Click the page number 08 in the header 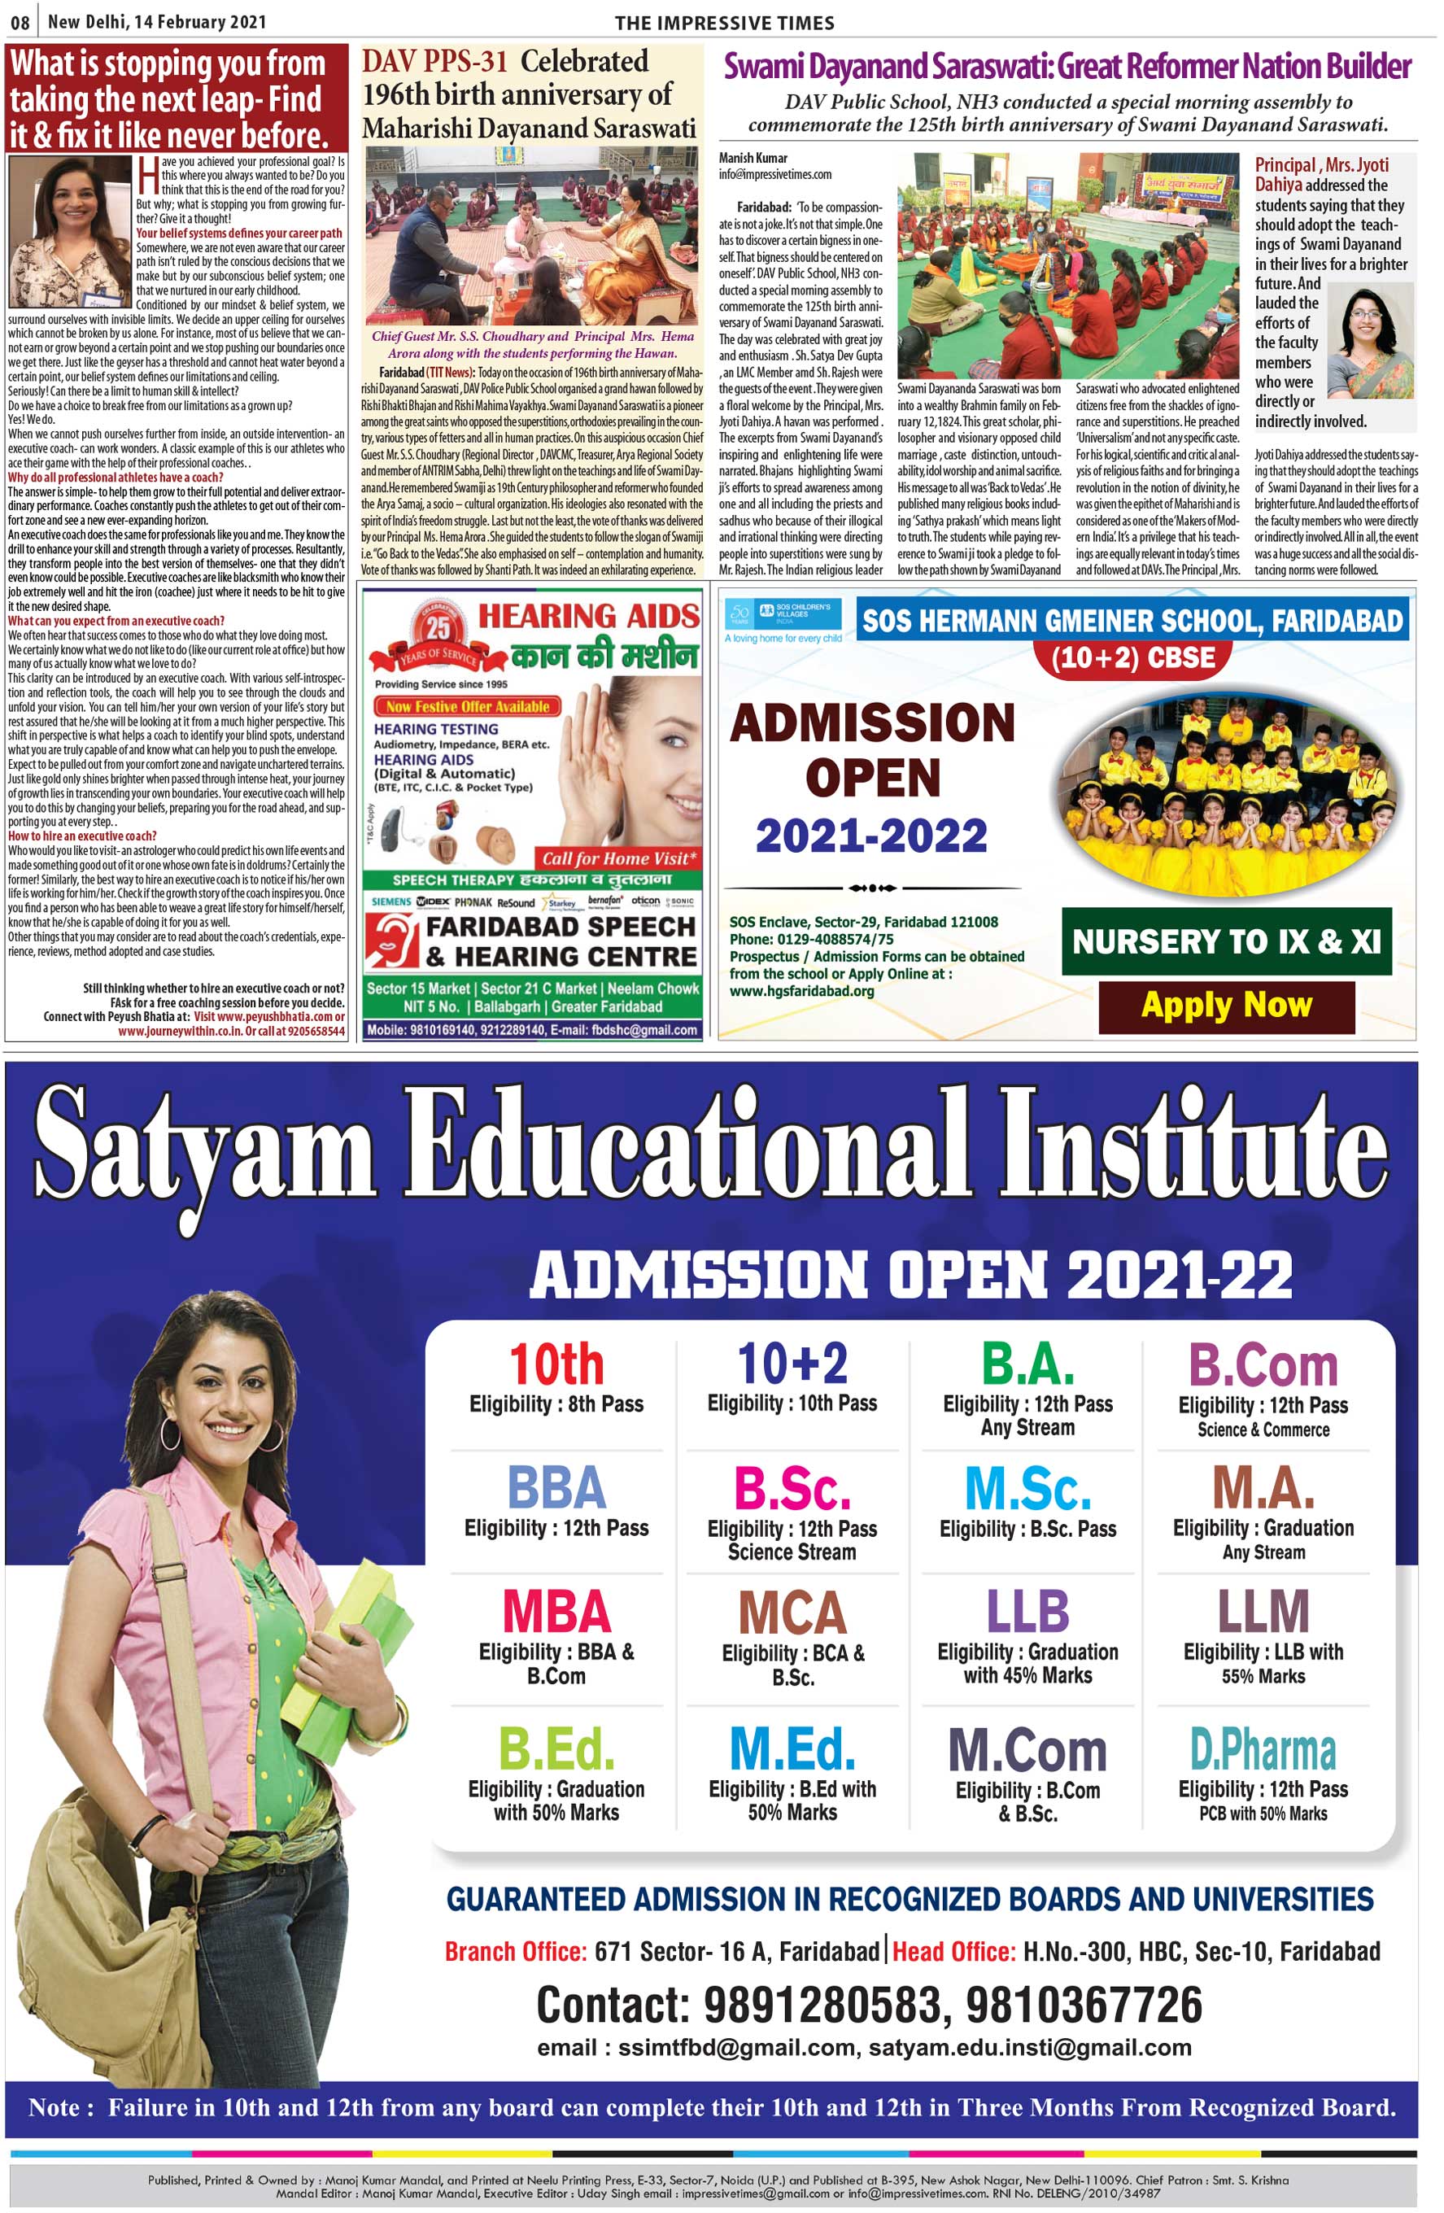coord(20,21)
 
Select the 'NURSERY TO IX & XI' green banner coord(1225,941)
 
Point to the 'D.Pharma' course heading coord(1263,1750)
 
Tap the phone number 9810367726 coord(1084,2004)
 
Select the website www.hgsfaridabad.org coord(801,990)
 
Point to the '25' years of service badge coord(438,630)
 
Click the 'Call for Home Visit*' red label coord(618,858)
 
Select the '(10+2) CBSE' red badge coord(1132,657)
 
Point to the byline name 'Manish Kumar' coord(753,158)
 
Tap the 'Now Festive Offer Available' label coord(468,707)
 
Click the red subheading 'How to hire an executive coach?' coord(82,836)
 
